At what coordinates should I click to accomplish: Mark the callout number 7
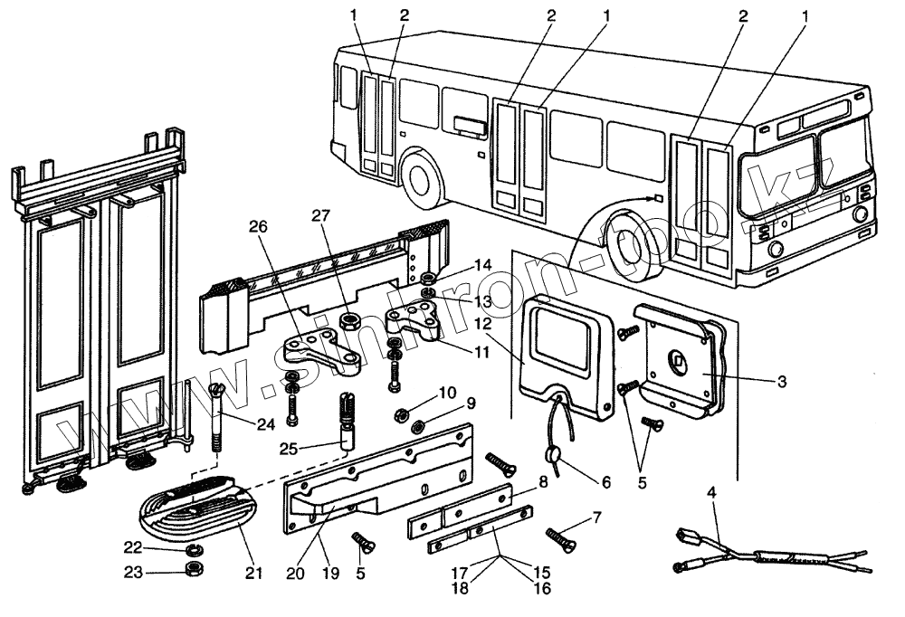coord(595,517)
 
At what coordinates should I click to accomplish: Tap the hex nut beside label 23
coord(193,569)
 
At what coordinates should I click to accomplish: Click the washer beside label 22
coord(192,549)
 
